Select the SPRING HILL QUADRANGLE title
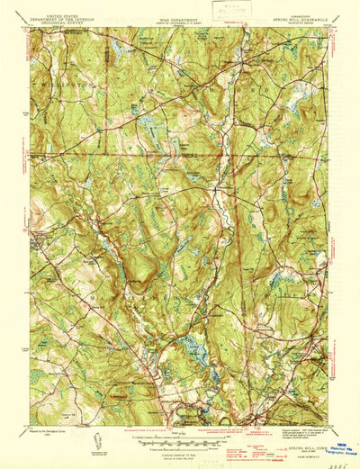pos(288,15)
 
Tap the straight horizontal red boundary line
pos(135,150)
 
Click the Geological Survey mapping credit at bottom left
pos(54,433)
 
